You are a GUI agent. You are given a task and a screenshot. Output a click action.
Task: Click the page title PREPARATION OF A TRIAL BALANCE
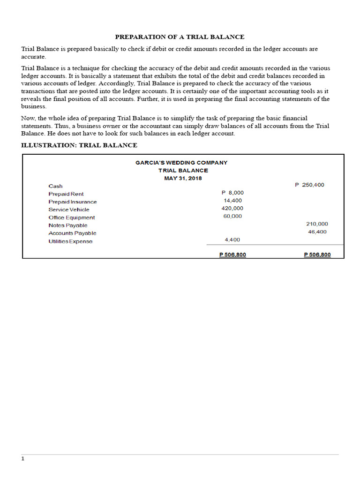180,37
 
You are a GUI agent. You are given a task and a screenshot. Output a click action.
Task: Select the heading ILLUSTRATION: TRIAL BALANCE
79,145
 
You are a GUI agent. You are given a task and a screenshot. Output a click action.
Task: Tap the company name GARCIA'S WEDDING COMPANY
181,163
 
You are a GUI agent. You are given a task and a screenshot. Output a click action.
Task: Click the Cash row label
55,186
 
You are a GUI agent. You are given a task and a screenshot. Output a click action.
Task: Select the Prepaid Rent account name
66,194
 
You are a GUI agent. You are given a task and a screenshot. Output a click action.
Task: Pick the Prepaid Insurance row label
73,202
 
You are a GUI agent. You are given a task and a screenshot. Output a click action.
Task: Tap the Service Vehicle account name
69,210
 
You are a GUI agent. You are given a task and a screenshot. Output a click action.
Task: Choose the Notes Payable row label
68,225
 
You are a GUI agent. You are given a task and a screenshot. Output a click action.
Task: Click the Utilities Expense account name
70,241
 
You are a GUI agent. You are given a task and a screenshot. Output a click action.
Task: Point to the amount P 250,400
309,185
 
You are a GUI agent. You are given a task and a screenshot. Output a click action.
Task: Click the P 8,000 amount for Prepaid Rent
232,193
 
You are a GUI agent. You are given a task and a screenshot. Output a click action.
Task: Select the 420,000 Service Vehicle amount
232,208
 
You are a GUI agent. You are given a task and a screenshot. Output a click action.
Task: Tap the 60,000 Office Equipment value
232,216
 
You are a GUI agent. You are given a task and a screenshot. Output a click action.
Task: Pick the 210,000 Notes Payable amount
317,224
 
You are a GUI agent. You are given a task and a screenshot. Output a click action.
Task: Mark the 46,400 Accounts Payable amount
317,232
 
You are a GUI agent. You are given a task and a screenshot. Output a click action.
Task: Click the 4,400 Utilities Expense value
232,240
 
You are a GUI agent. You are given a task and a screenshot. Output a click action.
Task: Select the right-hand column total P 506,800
317,255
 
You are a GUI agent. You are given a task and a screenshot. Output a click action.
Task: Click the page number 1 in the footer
22,459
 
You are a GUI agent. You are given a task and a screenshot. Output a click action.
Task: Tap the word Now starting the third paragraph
28,119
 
